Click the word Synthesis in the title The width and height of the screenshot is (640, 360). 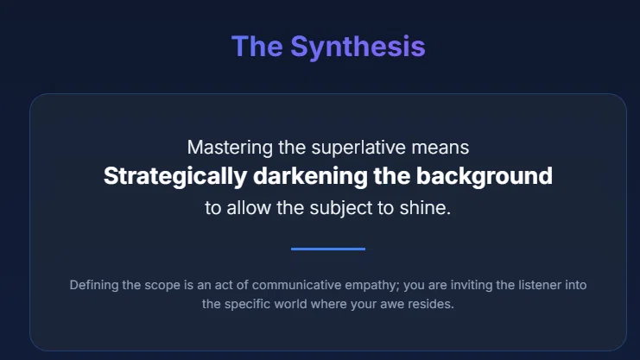[358, 47]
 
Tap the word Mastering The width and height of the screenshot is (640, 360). [230, 148]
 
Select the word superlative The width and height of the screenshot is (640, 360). [358, 148]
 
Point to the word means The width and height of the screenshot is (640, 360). [440, 148]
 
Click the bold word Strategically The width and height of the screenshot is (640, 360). [175, 177]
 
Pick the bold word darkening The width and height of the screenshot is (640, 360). [310, 177]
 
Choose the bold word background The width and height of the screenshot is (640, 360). [484, 177]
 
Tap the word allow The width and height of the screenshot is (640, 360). [249, 208]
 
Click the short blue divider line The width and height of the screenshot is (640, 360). [328, 249]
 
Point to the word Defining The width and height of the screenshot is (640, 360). [94, 285]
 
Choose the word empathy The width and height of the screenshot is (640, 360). [372, 285]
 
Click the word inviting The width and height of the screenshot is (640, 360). [472, 285]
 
